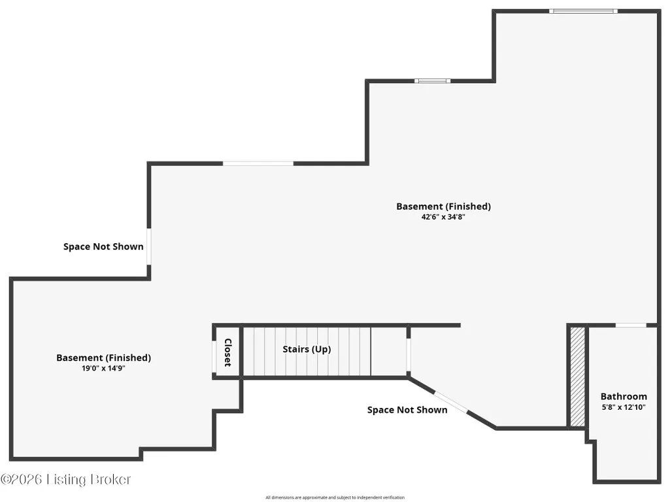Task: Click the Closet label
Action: click(227, 352)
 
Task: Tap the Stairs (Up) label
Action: click(307, 349)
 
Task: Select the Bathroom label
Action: click(624, 396)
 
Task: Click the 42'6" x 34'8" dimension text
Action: click(443, 216)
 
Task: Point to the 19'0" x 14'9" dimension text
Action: click(103, 368)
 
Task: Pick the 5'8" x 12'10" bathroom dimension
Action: click(624, 407)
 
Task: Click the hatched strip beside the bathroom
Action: click(578, 376)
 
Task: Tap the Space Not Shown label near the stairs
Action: click(407, 410)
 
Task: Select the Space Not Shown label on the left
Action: click(103, 246)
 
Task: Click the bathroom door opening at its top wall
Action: click(631, 326)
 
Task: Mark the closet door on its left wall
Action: click(214, 352)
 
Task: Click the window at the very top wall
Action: click(583, 11)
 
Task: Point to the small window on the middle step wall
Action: click(432, 81)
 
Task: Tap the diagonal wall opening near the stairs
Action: click(451, 402)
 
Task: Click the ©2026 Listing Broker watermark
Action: click(65, 479)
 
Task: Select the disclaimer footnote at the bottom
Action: click(335, 497)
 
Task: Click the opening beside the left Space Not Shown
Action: click(149, 246)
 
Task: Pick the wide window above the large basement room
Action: click(258, 163)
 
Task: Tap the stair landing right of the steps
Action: click(388, 351)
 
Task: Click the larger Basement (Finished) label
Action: click(443, 207)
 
